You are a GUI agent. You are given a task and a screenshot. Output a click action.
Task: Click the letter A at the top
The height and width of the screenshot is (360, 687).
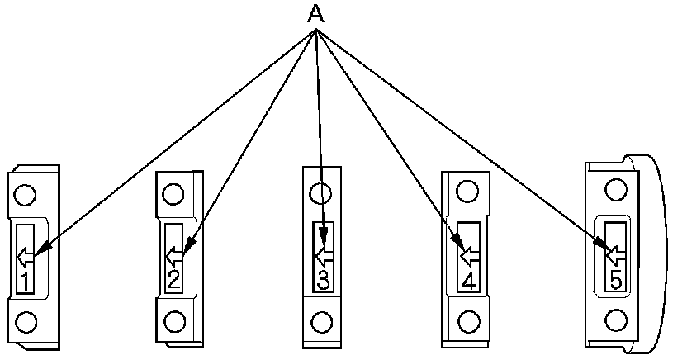tap(315, 14)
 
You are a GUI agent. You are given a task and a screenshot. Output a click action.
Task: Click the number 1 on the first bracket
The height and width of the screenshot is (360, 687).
tap(25, 282)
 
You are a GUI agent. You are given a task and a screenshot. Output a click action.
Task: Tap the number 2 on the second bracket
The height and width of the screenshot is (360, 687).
tap(173, 279)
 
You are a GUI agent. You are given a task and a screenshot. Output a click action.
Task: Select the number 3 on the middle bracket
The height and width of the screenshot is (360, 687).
tap(323, 279)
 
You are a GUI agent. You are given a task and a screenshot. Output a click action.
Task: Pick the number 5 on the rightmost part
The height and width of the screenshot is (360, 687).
tap(614, 279)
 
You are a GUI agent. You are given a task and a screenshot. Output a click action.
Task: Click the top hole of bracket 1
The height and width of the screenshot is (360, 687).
tap(25, 196)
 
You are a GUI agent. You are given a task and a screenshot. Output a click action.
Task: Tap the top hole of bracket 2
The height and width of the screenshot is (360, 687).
tap(173, 195)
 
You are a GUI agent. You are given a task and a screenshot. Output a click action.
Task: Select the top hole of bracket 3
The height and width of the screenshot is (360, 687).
tap(320, 194)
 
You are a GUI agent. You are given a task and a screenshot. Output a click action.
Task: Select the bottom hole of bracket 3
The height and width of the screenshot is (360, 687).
tap(323, 320)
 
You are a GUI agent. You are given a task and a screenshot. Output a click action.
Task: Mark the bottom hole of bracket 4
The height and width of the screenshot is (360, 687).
tap(469, 320)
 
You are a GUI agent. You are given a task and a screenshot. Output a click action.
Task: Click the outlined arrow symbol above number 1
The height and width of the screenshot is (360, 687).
tap(25, 253)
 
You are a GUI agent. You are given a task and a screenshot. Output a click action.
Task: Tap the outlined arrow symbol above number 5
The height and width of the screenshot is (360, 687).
tap(614, 251)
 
